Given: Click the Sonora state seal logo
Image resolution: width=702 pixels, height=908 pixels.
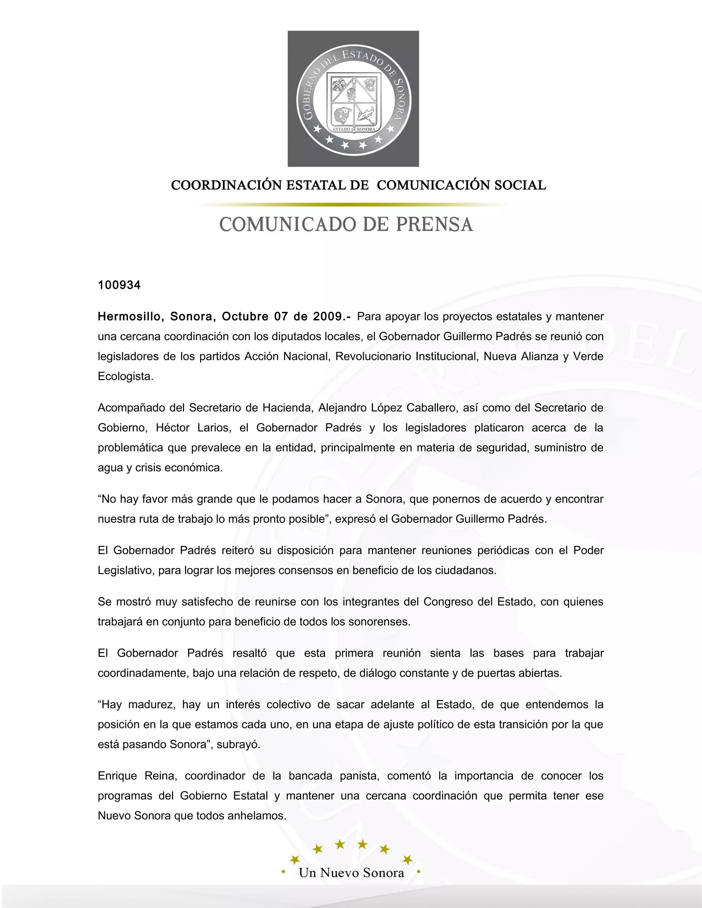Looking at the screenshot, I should point(353,99).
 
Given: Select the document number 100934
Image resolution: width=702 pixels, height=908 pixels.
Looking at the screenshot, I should point(119,285).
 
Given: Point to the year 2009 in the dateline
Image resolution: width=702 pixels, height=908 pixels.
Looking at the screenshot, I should point(327,317).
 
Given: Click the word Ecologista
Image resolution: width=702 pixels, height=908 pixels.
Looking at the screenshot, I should point(125,376).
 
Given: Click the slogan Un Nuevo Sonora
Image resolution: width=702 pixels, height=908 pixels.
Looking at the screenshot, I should point(351,872).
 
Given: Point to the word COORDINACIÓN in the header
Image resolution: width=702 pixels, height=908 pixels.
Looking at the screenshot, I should point(226,185).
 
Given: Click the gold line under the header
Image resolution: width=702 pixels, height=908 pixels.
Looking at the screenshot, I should point(353,205).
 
